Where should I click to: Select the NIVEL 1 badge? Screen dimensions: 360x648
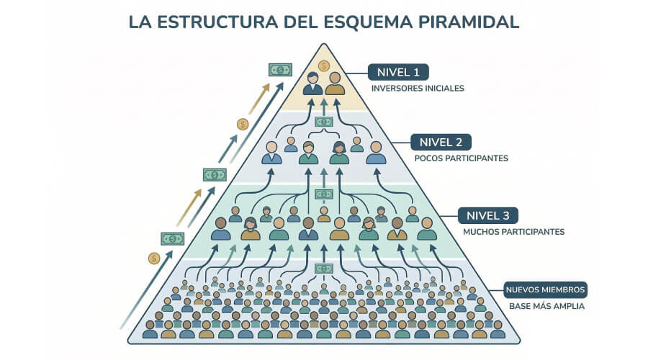click(x=398, y=72)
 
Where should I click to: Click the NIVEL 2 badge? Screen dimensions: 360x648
click(x=441, y=141)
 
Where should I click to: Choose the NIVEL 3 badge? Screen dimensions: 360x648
click(x=488, y=215)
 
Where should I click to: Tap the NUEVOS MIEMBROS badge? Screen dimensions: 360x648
click(x=546, y=290)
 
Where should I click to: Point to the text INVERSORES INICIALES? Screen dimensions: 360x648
click(x=418, y=89)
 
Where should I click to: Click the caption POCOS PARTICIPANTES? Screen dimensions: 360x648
click(x=462, y=158)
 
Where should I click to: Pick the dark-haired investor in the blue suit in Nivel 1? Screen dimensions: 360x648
click(x=312, y=84)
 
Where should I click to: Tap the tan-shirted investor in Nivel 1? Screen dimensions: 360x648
click(x=334, y=84)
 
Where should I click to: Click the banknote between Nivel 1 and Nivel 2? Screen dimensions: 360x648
click(x=324, y=122)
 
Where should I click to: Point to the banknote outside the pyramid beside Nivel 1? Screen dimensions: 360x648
click(x=280, y=70)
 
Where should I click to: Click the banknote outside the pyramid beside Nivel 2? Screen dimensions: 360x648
click(x=215, y=174)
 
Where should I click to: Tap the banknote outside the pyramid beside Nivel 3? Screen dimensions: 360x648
click(x=172, y=238)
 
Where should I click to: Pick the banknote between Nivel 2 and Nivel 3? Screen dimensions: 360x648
click(x=324, y=194)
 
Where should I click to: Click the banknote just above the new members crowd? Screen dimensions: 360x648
click(x=324, y=269)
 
